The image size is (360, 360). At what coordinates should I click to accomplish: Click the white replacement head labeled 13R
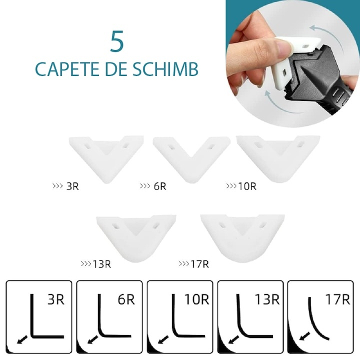(x=136, y=234)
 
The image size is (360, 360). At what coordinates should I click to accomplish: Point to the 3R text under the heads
(x=73, y=187)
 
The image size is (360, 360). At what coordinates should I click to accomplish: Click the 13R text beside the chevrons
(x=101, y=263)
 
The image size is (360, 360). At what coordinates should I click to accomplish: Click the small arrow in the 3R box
(x=21, y=340)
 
